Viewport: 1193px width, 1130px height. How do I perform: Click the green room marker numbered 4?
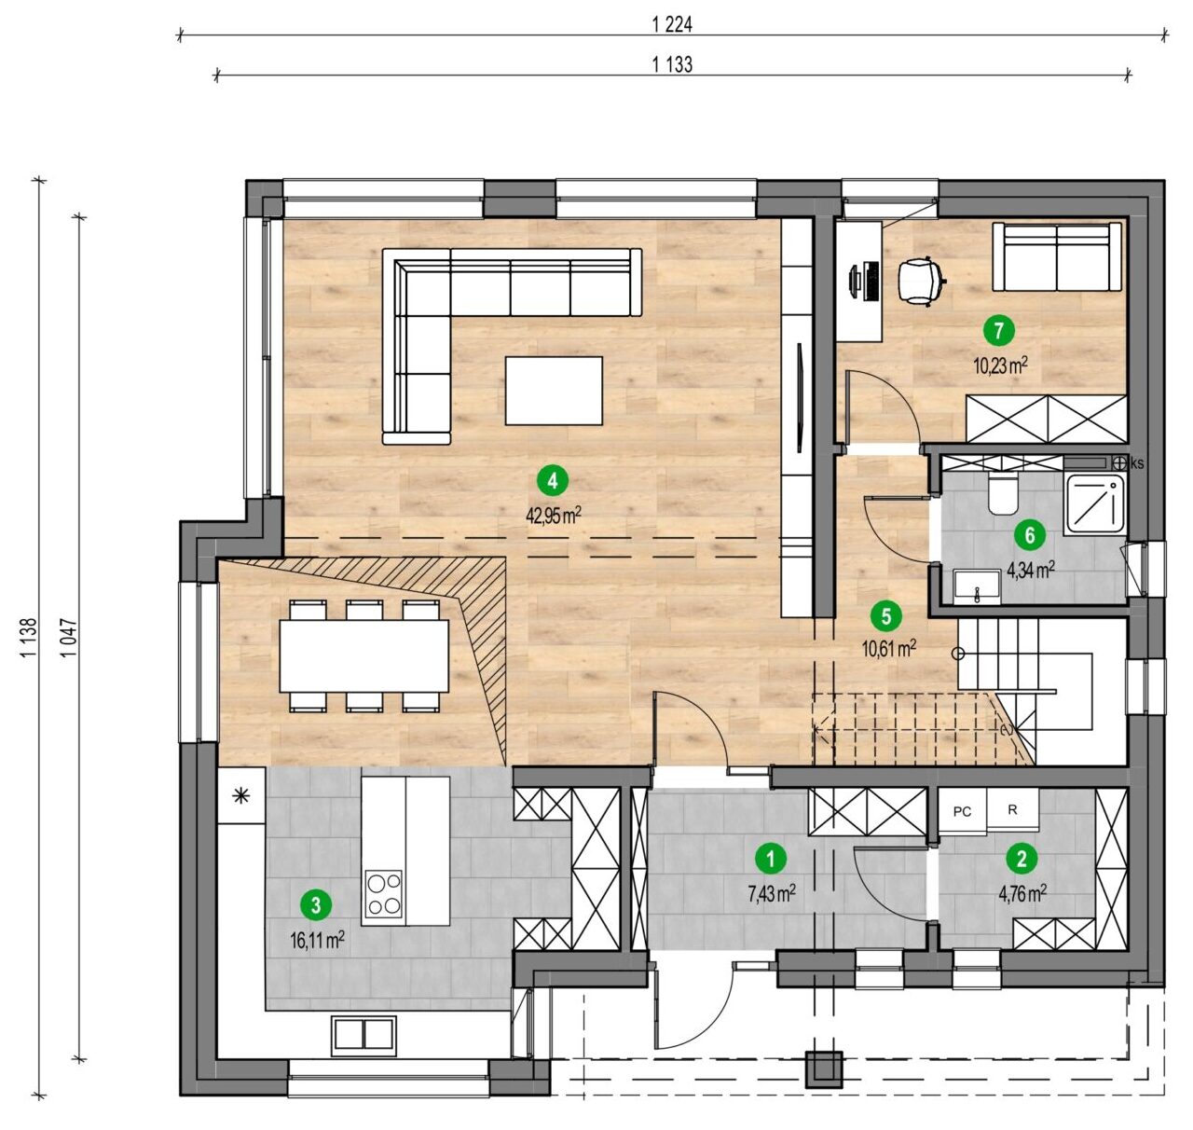[552, 481]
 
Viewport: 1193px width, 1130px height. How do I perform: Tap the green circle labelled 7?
[999, 331]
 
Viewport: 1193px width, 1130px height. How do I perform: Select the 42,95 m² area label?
[554, 516]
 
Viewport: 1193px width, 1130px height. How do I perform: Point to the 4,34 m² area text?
[1031, 571]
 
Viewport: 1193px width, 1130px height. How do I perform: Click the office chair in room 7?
[920, 281]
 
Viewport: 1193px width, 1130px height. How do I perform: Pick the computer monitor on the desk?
[856, 282]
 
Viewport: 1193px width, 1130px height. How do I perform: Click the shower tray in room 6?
[1096, 506]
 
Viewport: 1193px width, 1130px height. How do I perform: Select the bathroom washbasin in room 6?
[976, 587]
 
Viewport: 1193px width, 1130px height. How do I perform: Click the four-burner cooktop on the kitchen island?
[384, 894]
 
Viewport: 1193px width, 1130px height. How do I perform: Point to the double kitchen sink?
[363, 1033]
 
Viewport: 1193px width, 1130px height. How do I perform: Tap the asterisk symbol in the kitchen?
[241, 795]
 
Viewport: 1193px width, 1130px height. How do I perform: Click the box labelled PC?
[963, 811]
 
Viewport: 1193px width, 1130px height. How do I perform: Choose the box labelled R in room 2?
[1012, 809]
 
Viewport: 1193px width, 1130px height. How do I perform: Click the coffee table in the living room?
[554, 391]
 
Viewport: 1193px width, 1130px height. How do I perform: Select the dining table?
[364, 655]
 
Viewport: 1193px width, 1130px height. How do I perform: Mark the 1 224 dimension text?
[672, 24]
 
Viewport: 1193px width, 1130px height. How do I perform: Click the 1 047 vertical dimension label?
[69, 637]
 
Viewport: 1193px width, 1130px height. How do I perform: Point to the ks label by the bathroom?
[1137, 463]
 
